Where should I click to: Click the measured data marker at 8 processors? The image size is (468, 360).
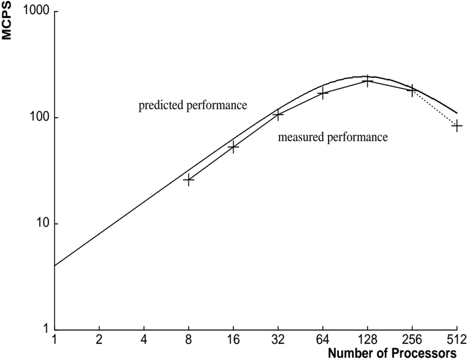(189, 180)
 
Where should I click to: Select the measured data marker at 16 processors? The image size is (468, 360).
(233, 147)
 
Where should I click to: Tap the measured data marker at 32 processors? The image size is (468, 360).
(278, 114)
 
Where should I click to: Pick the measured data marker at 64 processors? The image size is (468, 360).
(322, 93)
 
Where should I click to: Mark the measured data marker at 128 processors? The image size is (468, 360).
(367, 80)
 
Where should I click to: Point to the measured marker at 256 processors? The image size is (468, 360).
(412, 90)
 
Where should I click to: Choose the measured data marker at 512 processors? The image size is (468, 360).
(457, 126)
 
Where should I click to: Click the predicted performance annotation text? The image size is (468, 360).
(192, 106)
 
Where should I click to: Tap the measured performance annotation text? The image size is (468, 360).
(332, 138)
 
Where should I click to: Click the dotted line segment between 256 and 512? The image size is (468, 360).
(435, 108)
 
